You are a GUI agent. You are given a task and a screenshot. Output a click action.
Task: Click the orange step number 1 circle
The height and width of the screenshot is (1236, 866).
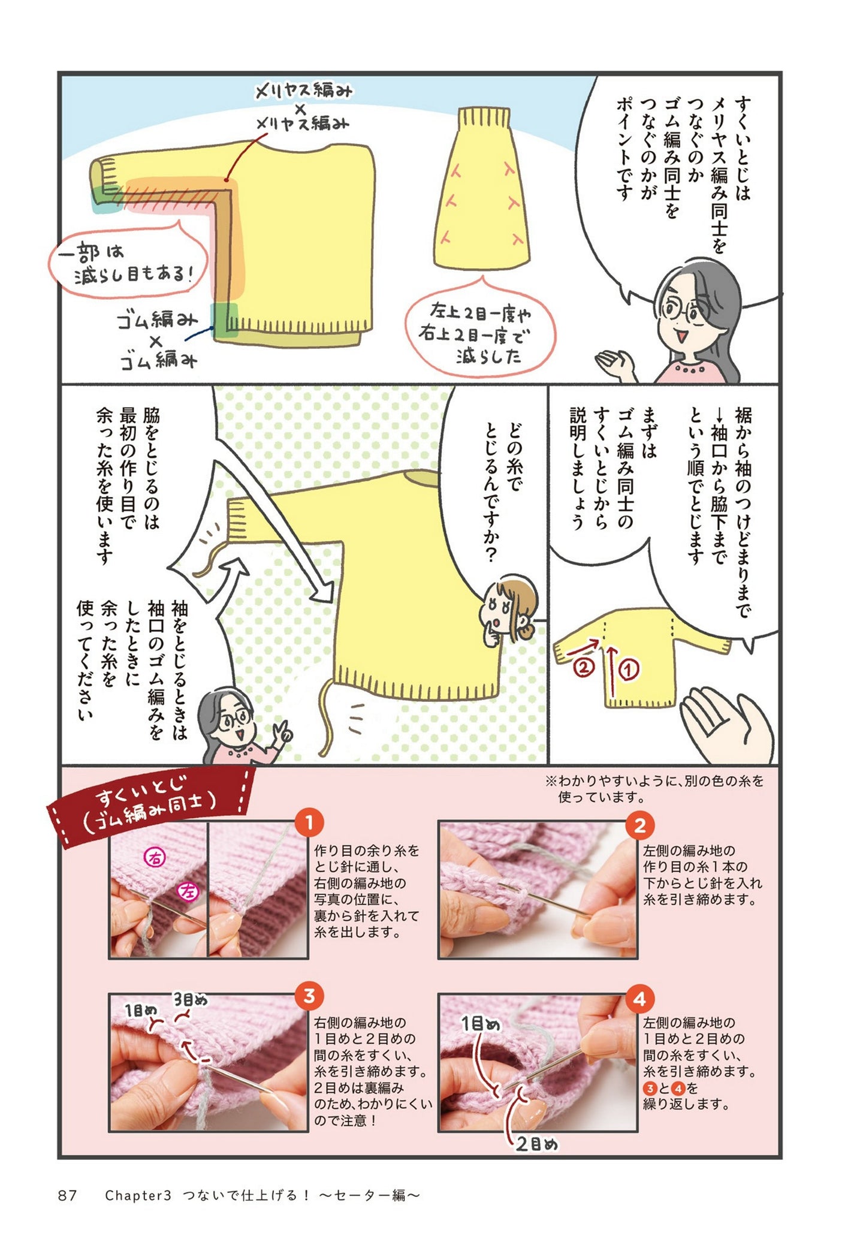[x=309, y=823]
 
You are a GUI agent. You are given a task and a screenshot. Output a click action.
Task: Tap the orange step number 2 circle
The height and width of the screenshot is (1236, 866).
[x=639, y=826]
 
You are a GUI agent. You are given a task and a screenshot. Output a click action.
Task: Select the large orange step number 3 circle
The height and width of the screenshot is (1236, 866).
[x=309, y=997]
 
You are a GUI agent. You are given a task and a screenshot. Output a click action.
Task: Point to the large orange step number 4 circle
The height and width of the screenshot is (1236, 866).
[x=639, y=999]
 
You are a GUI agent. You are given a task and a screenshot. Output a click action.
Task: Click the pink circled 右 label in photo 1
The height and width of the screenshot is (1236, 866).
[x=155, y=858]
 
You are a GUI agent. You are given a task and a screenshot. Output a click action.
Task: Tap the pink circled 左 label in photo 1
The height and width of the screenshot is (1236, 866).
[x=188, y=893]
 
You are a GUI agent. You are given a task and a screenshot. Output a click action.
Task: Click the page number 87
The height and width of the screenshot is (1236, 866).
[x=68, y=1196]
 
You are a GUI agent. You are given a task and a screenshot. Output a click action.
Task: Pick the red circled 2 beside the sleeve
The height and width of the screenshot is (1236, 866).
[x=584, y=666]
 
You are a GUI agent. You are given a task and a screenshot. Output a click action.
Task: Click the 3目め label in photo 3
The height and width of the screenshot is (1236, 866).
[x=191, y=1000]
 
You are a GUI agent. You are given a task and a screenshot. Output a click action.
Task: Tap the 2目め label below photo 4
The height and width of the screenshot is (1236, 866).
[x=537, y=1144]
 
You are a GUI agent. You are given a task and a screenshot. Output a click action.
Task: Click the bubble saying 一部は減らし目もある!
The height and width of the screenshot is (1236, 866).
[x=127, y=262]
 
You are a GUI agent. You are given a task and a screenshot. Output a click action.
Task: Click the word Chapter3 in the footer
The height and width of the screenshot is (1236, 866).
[x=138, y=1196]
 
